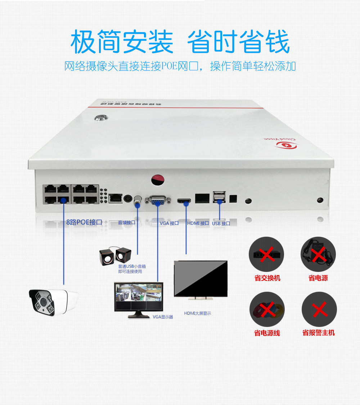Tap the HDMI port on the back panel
(184, 200)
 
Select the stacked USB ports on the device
(219, 197)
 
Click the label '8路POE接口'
(84, 222)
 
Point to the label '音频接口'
(126, 223)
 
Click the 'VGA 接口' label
(169, 223)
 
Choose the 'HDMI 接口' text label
(198, 223)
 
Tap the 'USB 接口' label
(221, 223)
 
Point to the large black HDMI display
(201, 278)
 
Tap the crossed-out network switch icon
(266, 254)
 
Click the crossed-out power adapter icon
(318, 254)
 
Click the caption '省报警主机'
(319, 333)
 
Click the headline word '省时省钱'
(238, 42)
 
